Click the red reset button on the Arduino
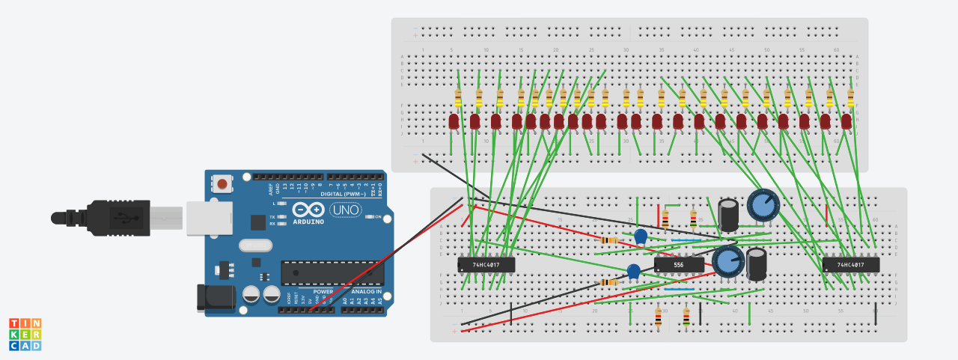tap(222, 183)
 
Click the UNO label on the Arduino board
tap(346, 210)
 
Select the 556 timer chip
tap(679, 264)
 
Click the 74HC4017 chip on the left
tap(486, 264)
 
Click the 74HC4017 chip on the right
tap(851, 264)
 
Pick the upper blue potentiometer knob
tap(763, 204)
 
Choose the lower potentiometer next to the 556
tap(727, 261)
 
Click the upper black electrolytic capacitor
tap(729, 214)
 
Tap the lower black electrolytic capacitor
tap(757, 264)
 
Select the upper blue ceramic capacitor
tap(641, 236)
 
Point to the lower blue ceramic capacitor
tap(634, 271)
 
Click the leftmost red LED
tap(454, 121)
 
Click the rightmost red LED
tap(846, 121)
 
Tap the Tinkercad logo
tap(25, 334)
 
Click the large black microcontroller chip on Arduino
tap(330, 273)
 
